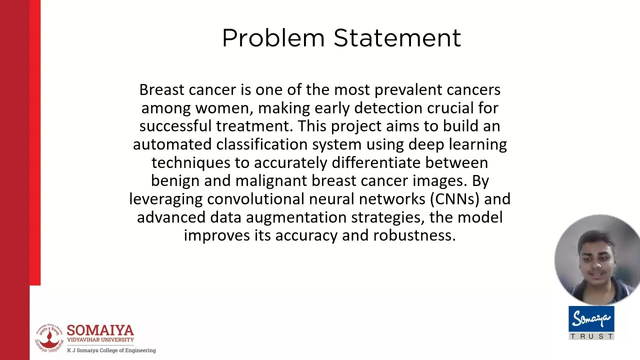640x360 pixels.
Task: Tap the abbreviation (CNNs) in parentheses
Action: pos(453,199)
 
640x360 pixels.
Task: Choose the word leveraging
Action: pos(166,199)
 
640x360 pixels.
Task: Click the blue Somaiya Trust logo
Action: pos(591,318)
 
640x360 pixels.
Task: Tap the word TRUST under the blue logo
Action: pos(591,336)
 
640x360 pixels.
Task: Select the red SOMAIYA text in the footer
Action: pos(100,330)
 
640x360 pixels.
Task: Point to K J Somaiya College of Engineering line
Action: pos(111,350)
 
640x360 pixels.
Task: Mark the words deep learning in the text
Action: pos(457,144)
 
